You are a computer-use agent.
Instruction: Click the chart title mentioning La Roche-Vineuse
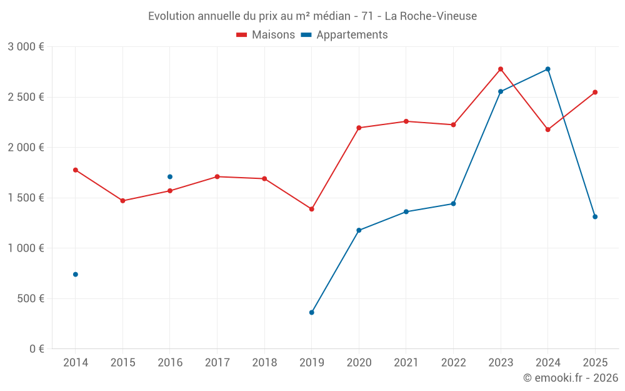tap(312, 16)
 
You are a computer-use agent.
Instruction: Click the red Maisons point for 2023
tap(501, 69)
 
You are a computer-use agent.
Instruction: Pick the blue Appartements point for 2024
tap(547, 69)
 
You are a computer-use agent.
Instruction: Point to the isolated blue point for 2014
tap(76, 274)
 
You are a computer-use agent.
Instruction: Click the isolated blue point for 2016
tap(170, 176)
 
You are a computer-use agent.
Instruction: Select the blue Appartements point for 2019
tap(312, 312)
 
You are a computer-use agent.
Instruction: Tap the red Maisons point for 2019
tap(312, 209)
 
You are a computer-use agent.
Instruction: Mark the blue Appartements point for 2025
tap(595, 216)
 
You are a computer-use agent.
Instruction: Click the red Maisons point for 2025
tap(595, 92)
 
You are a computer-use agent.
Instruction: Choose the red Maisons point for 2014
tap(76, 170)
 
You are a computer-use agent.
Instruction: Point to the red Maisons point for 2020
tap(359, 128)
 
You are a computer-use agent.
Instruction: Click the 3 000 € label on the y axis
tap(26, 47)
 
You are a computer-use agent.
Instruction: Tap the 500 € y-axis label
tap(30, 298)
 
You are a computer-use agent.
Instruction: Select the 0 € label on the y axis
tap(36, 349)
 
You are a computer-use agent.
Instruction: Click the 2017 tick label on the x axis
tap(217, 362)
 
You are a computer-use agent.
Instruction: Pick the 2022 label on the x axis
tap(453, 362)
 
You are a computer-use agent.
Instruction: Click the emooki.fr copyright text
tap(570, 378)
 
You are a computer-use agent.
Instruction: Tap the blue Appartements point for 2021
tap(406, 211)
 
